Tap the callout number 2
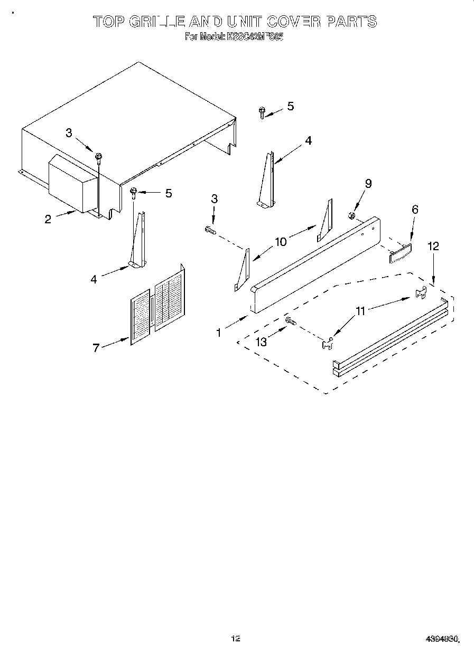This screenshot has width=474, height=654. click(x=48, y=219)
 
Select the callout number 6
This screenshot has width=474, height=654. click(x=415, y=210)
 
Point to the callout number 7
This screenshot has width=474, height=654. click(x=96, y=348)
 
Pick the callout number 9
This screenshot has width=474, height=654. click(x=368, y=183)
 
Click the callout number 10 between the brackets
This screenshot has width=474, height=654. click(x=281, y=242)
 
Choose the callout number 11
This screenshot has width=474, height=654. click(x=360, y=311)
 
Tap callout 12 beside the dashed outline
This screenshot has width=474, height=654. click(x=433, y=246)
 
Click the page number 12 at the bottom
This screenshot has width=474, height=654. click(x=236, y=639)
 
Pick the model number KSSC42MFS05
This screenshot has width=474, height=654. click(x=256, y=37)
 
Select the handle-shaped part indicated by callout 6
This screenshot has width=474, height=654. click(x=401, y=252)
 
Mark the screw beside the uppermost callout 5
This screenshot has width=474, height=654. click(x=262, y=112)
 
